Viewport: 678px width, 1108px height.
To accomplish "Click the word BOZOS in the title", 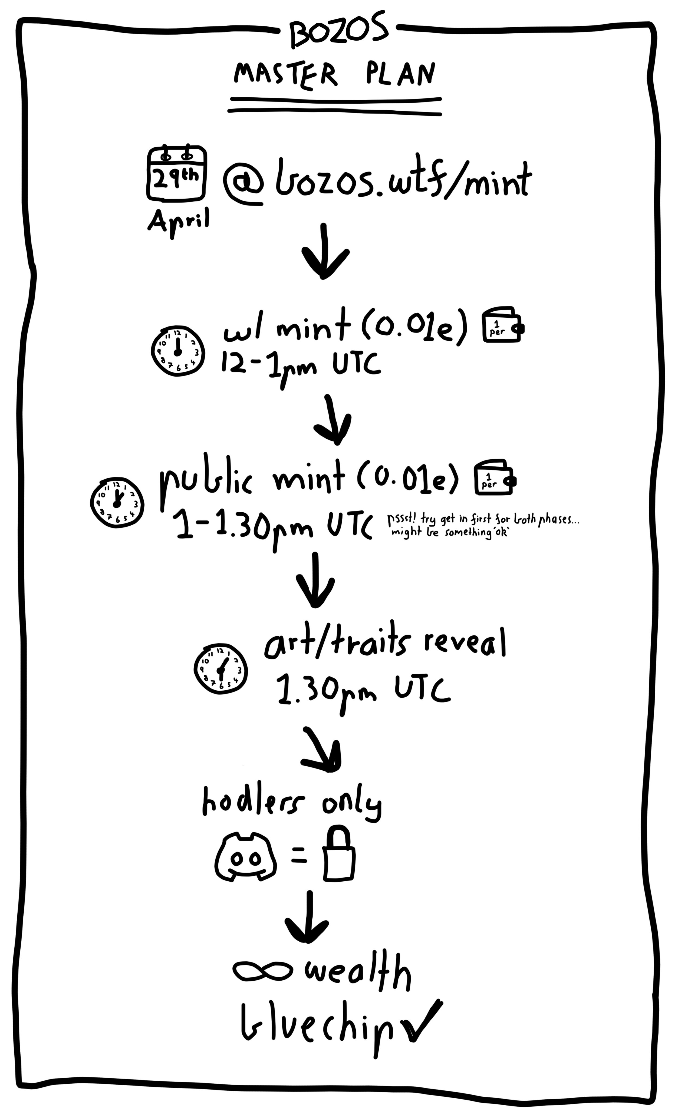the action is click(338, 30).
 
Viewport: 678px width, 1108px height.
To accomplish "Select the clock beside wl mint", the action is click(177, 350).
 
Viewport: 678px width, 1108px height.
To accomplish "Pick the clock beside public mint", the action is click(117, 502).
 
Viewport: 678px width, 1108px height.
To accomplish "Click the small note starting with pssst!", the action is click(483, 526).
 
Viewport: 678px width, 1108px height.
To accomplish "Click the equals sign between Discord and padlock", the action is click(299, 855).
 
